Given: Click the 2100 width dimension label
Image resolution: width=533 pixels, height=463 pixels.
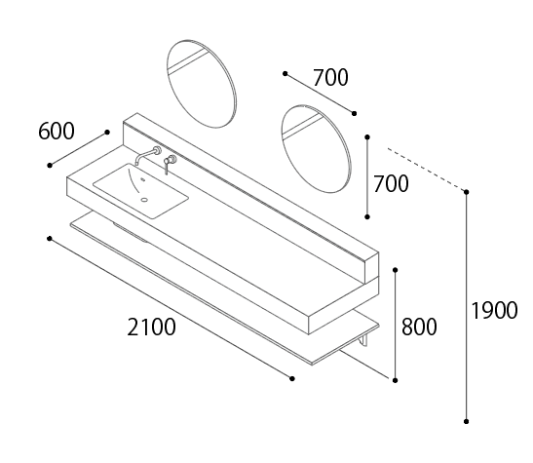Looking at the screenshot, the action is [x=152, y=328].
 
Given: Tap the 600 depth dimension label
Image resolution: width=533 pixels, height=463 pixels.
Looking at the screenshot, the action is [x=57, y=132].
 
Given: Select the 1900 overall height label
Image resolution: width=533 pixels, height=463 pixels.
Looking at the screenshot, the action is [x=495, y=311].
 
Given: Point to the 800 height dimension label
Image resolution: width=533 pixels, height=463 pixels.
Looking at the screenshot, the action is [x=419, y=327].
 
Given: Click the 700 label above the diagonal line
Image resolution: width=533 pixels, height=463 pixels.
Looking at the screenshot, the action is [x=330, y=78].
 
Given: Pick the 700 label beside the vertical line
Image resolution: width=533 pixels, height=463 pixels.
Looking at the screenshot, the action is [x=391, y=184].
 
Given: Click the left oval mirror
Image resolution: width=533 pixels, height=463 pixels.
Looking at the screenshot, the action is [x=202, y=84].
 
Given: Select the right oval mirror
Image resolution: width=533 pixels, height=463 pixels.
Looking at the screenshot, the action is [x=316, y=148].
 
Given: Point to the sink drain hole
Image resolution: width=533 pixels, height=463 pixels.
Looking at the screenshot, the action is [x=145, y=200].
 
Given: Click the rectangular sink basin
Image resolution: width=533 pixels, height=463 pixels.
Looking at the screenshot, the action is [x=140, y=190].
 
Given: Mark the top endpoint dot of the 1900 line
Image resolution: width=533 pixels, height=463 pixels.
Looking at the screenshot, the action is [x=467, y=192].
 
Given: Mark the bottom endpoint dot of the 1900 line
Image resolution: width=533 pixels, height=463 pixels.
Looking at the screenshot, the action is [x=467, y=421].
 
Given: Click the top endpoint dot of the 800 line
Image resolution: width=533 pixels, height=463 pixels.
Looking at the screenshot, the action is [x=395, y=270].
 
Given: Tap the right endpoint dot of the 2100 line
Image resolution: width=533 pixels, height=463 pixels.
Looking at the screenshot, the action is [x=292, y=378].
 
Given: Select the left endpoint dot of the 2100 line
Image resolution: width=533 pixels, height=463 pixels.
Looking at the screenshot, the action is [x=50, y=239].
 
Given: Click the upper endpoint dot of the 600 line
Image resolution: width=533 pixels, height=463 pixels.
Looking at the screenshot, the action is [x=107, y=132].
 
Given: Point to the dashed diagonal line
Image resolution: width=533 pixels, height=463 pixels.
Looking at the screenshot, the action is [x=427, y=170].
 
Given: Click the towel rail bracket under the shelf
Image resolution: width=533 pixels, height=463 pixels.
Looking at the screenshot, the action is [x=364, y=340].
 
